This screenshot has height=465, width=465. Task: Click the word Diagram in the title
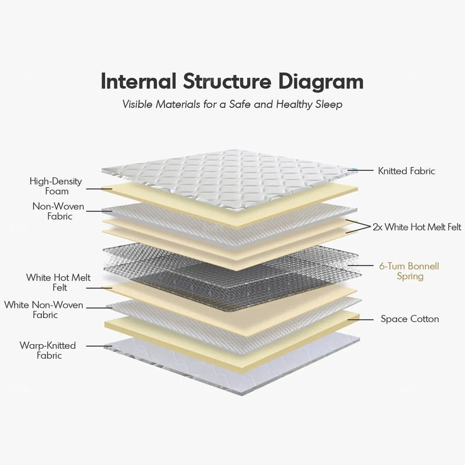click(321, 82)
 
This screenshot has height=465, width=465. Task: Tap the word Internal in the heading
click(138, 81)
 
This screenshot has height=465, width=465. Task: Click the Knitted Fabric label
click(406, 171)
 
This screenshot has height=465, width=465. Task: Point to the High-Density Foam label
click(56, 186)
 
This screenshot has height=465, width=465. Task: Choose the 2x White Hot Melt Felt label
click(417, 227)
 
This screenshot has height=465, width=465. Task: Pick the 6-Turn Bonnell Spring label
click(409, 271)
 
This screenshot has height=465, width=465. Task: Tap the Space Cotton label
click(410, 319)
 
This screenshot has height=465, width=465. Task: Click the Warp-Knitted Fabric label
click(48, 350)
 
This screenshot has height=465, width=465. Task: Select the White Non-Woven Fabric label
click(44, 310)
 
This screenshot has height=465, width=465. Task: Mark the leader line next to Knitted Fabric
click(361, 170)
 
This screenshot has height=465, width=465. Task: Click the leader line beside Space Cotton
click(360, 319)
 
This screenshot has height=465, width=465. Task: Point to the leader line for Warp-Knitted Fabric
click(99, 346)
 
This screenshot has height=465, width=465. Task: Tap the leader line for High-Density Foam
click(99, 189)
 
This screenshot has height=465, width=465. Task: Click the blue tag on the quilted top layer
click(353, 170)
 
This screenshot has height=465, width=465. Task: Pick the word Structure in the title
click(227, 81)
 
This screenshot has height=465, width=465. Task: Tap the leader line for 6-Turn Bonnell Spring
click(360, 266)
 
